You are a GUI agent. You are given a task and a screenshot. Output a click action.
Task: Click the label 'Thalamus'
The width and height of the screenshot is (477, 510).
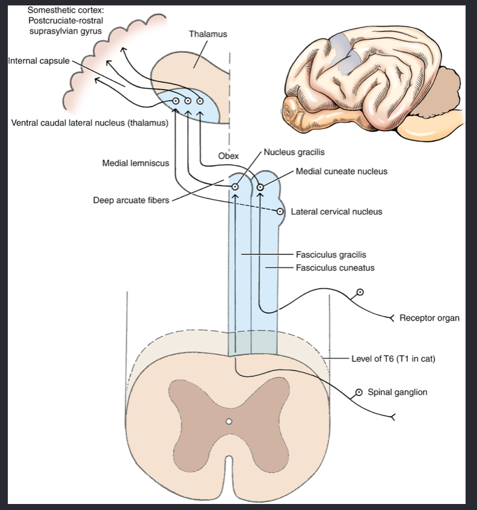(208, 34)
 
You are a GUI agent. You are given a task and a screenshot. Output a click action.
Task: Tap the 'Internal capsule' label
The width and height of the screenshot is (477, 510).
(38, 61)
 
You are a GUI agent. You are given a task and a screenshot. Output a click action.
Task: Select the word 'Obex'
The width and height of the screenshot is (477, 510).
(228, 156)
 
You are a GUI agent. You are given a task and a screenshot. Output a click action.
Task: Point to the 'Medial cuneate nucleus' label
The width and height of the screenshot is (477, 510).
(342, 171)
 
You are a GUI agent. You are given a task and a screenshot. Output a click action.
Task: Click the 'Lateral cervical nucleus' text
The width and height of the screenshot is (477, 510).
(336, 212)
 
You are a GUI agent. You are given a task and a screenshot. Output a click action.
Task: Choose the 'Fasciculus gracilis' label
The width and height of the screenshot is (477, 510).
(331, 255)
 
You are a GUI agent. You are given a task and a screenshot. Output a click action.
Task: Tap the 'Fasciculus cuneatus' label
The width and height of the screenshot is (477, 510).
(335, 268)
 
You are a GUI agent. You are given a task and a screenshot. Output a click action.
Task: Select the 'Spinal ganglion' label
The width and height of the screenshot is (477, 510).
(397, 392)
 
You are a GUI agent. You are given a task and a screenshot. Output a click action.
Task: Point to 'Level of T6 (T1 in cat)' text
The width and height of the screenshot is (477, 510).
(393, 359)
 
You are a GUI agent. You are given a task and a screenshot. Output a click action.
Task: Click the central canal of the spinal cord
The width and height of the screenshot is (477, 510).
(229, 422)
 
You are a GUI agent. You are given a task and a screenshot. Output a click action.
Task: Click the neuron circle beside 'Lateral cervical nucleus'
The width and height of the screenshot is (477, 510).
(280, 212)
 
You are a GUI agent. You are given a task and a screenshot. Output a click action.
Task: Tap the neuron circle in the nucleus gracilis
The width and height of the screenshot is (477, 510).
(235, 187)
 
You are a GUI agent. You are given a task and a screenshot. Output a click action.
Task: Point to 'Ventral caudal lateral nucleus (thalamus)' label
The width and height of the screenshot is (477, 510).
(90, 123)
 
